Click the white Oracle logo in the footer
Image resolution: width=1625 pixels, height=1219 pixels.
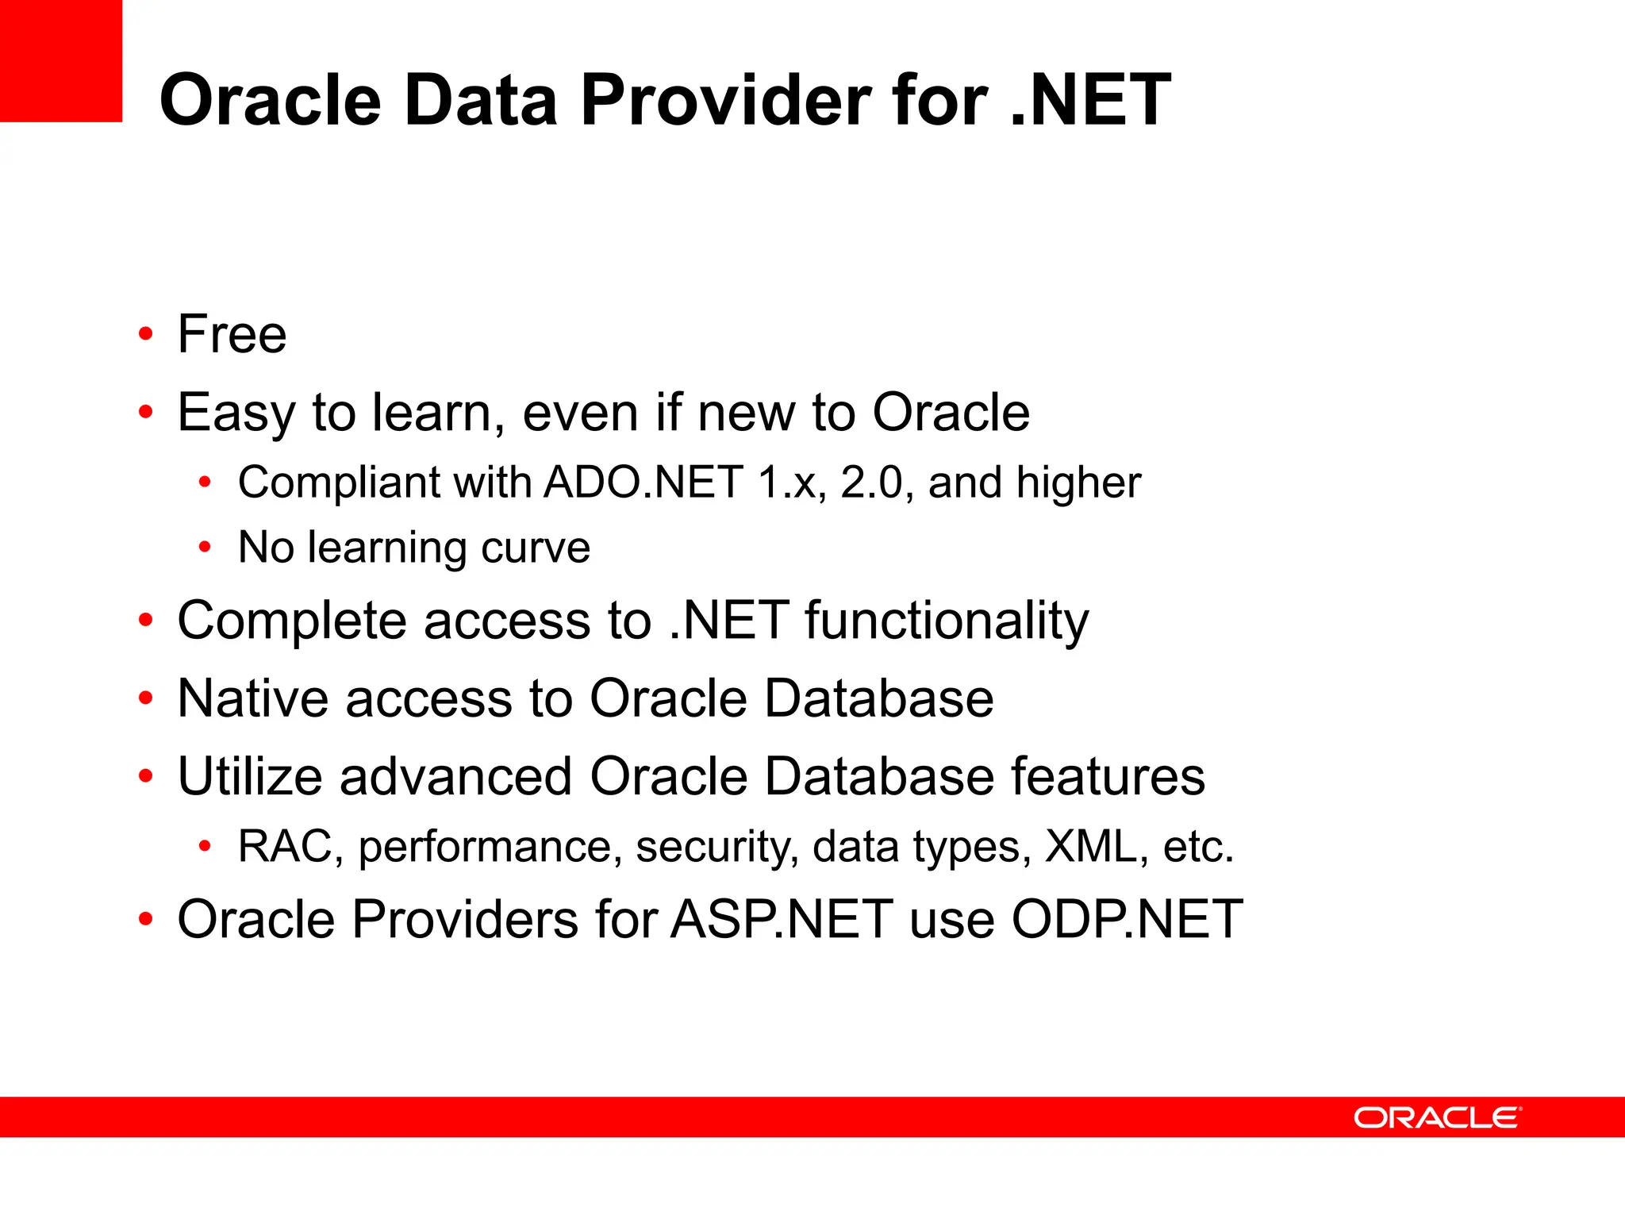1437,1117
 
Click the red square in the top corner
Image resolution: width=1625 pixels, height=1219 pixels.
60,60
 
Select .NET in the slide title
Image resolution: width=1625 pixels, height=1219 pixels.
1090,100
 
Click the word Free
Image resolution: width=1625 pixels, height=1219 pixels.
232,334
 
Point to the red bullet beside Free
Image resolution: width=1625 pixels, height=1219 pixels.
145,334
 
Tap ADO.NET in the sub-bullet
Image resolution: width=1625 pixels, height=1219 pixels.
643,483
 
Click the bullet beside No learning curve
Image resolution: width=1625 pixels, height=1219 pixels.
205,548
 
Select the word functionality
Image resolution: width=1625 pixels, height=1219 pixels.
947,621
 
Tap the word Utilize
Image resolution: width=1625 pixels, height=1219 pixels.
249,776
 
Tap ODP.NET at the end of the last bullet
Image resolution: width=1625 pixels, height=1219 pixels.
1127,919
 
